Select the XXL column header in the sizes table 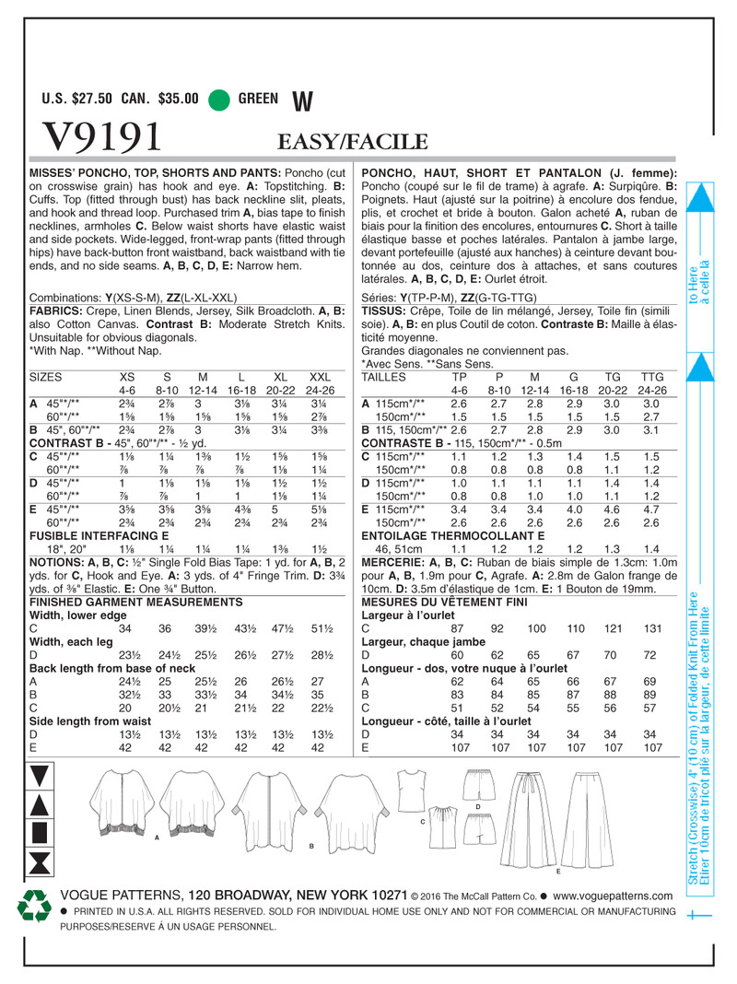tap(319, 376)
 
